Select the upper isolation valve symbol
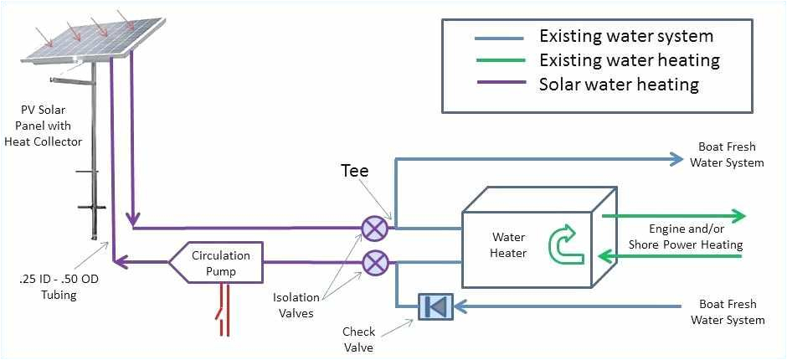[373, 228]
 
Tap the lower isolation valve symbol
[373, 263]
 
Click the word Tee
[354, 171]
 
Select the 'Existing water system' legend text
[625, 36]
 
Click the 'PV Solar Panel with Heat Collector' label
[52, 126]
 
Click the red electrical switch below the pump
[224, 311]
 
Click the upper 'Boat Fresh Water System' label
[727, 154]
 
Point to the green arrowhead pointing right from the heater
[737, 216]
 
